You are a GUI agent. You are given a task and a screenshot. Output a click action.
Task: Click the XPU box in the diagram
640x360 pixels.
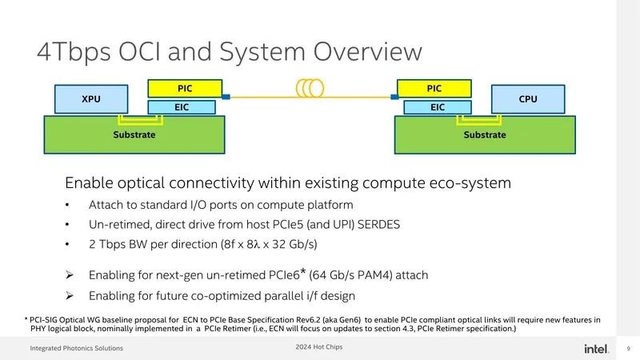[x=91, y=99]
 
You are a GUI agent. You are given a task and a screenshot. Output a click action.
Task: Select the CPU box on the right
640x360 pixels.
[x=528, y=99]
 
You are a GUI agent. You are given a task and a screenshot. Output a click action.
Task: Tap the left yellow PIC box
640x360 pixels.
[x=185, y=89]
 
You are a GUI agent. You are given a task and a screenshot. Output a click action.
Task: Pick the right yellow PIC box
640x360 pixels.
[x=434, y=89]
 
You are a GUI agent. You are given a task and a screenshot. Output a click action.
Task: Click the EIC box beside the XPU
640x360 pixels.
[x=182, y=107]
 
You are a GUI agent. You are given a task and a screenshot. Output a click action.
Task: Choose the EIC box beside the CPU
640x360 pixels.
[x=438, y=107]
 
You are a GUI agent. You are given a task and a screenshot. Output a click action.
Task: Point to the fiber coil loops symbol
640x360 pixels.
[x=310, y=88]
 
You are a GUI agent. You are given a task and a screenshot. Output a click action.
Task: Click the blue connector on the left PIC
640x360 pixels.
[x=226, y=97]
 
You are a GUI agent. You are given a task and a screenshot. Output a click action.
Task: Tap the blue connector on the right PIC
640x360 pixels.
[x=394, y=97]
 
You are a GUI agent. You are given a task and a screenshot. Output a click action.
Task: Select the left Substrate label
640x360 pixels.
[x=134, y=134]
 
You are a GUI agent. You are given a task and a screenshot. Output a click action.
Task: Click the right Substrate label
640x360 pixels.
[x=485, y=134]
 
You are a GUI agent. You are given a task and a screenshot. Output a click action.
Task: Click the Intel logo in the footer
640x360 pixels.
[x=596, y=349]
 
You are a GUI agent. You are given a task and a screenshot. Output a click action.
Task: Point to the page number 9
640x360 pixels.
[x=629, y=349]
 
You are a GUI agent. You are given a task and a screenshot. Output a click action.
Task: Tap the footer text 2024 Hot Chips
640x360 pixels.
[x=319, y=347]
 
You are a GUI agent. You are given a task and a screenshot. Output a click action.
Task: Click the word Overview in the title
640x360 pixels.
[x=368, y=52]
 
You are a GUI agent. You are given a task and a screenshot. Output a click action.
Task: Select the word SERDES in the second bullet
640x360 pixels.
[x=378, y=225]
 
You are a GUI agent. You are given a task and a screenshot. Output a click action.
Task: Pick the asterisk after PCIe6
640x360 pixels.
[x=303, y=271]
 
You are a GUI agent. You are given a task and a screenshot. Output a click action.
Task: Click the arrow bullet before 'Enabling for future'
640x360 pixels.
[x=70, y=295]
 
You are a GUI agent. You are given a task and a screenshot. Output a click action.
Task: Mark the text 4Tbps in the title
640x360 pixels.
[x=74, y=53]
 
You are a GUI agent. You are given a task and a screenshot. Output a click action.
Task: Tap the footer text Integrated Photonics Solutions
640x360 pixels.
[x=76, y=348]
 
